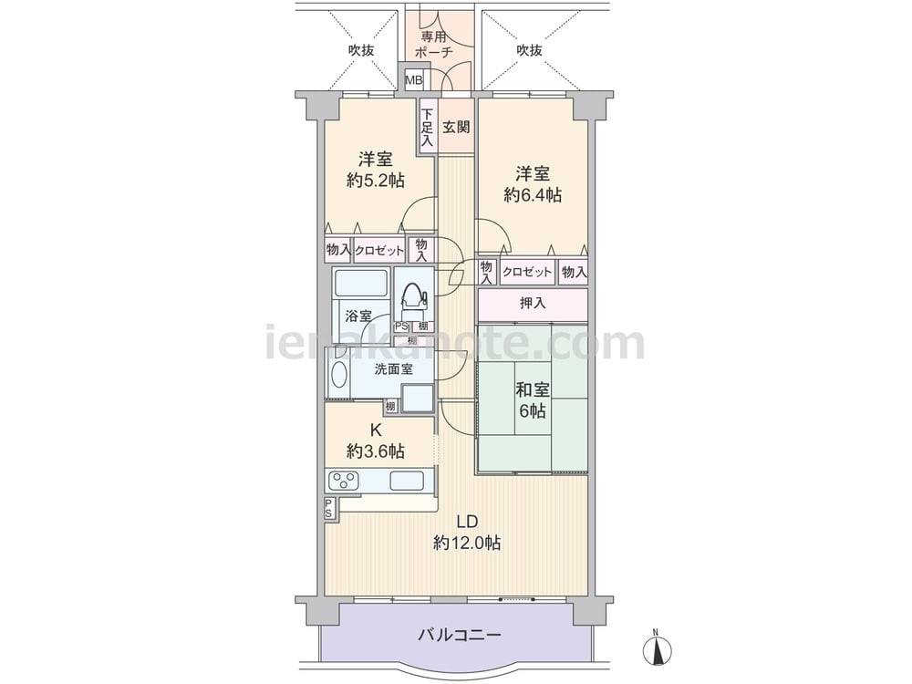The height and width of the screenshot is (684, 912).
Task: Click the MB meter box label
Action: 413,79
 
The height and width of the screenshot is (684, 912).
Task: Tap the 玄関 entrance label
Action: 456,127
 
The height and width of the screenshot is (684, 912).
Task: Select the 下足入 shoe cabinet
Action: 428,127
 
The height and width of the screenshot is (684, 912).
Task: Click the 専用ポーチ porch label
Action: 434,44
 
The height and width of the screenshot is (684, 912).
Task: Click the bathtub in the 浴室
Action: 362,284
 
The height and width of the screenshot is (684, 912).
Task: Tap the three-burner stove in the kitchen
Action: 343,481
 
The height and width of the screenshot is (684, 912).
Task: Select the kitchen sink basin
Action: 406,481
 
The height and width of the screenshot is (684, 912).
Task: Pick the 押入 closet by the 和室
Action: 533,303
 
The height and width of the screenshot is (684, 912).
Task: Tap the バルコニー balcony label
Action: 459,634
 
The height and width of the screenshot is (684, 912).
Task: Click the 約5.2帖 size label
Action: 375,181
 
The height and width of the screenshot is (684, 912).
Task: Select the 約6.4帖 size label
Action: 533,195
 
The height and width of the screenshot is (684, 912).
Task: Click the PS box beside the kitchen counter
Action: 329,508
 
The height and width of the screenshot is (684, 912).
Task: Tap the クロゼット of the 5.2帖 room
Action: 378,251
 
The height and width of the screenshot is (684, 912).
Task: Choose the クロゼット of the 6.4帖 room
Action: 527,272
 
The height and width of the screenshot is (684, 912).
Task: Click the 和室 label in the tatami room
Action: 533,389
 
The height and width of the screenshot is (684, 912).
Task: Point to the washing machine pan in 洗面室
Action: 418,399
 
